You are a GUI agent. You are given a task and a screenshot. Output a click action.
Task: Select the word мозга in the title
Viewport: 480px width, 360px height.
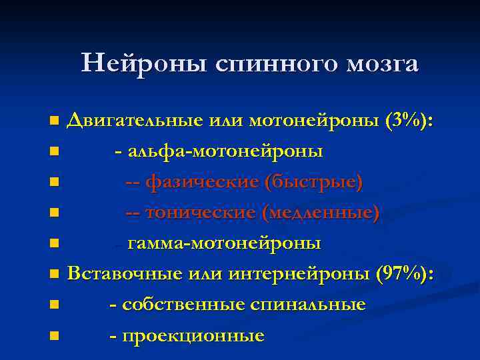(x=382, y=65)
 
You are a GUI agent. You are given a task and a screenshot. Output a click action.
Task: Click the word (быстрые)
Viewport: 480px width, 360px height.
(x=313, y=183)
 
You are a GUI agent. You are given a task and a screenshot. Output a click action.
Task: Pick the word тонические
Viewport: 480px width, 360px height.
(x=199, y=213)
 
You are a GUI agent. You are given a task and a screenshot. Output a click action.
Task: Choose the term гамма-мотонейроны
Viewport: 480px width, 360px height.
(x=224, y=244)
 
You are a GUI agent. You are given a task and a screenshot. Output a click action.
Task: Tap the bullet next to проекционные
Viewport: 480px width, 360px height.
(x=54, y=336)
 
